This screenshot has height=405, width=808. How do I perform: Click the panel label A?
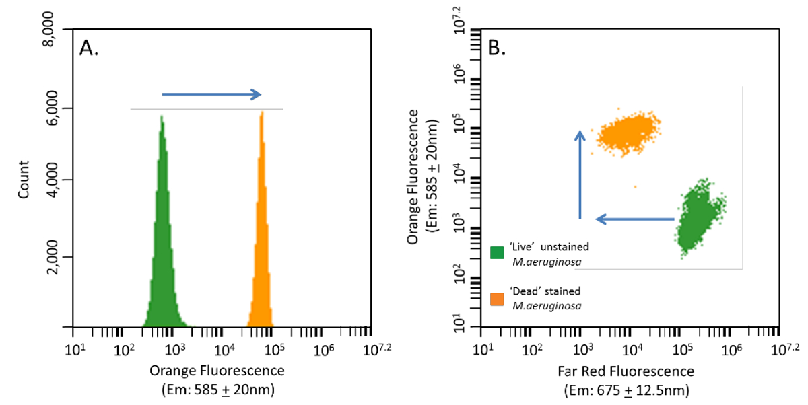coord(90,48)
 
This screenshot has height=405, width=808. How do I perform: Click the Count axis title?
coord(24,179)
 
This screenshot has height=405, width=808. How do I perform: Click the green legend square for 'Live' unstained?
coord(498,252)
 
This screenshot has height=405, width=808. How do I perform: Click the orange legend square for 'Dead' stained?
coord(498,297)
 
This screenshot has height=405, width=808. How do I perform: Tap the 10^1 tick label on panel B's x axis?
coord(482,349)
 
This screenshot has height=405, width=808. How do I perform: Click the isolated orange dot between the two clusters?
coord(634,186)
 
